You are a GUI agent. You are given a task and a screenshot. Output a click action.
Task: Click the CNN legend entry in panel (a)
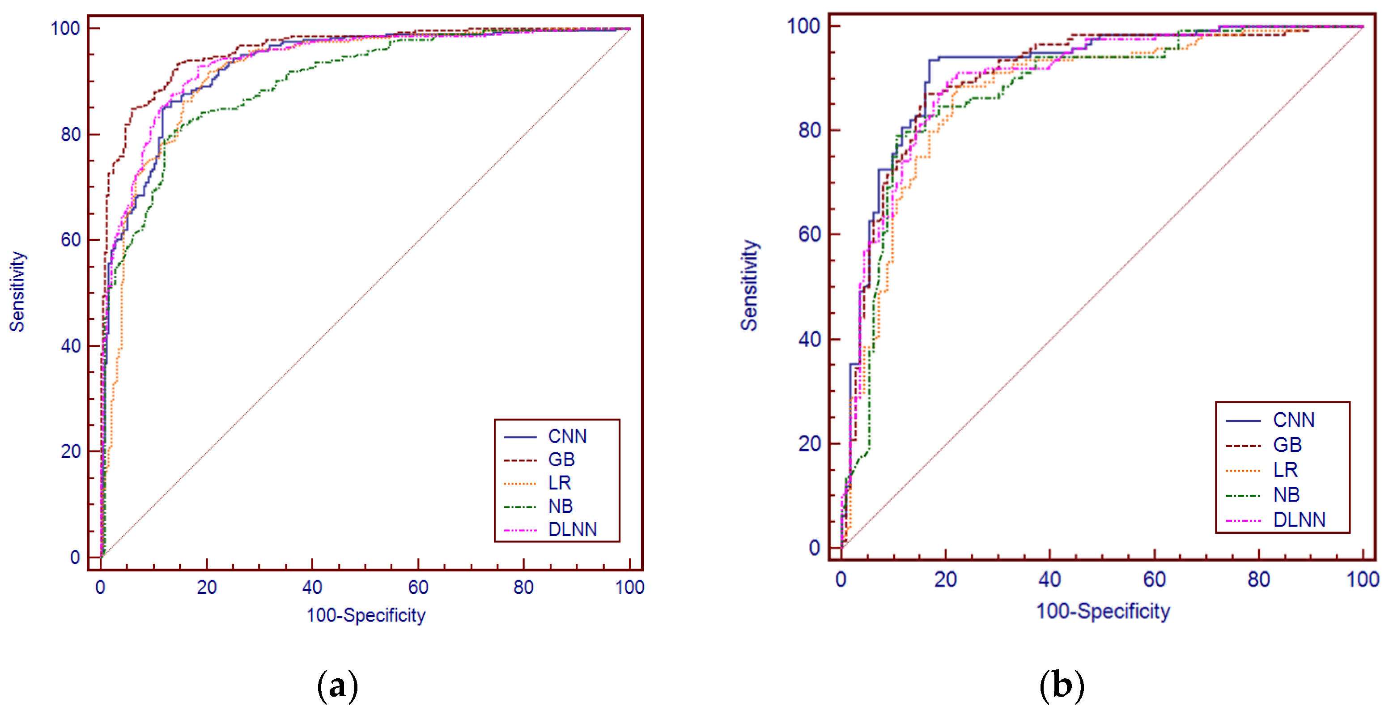(x=567, y=436)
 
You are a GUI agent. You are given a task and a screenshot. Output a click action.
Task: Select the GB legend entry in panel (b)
(x=1287, y=445)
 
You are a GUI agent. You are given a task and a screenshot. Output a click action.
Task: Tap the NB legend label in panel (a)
(x=560, y=506)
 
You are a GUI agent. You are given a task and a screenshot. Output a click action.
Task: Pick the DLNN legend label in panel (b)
(x=1299, y=519)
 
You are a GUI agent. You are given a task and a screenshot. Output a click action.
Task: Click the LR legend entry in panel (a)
(x=559, y=483)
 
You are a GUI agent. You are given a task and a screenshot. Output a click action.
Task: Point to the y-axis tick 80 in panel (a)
(x=71, y=134)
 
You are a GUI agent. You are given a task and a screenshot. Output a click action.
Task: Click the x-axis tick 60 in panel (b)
(x=1155, y=579)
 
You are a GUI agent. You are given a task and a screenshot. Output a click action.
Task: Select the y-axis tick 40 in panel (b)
(x=809, y=339)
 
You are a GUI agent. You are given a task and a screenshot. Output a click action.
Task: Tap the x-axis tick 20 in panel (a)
(x=207, y=587)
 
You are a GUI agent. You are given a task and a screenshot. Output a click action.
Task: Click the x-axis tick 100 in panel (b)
(x=1363, y=579)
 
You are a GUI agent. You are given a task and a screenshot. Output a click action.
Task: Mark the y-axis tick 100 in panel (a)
(x=65, y=28)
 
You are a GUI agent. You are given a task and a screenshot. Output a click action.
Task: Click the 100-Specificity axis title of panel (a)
(x=366, y=615)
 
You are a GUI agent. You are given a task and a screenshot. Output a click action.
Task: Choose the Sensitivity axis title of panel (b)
(x=749, y=285)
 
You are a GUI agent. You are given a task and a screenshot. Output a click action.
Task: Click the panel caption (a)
(x=338, y=686)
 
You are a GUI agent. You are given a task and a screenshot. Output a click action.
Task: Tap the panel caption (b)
(x=1062, y=686)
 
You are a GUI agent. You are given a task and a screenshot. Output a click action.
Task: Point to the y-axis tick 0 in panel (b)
(x=814, y=547)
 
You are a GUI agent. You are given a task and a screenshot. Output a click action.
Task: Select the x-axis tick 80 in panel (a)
(x=523, y=587)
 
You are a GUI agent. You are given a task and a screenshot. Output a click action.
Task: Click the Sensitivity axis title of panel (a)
(x=17, y=291)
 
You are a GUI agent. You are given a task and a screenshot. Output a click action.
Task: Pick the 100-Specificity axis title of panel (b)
(x=1103, y=611)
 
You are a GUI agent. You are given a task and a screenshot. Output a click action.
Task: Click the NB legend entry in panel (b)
(x=1286, y=494)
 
